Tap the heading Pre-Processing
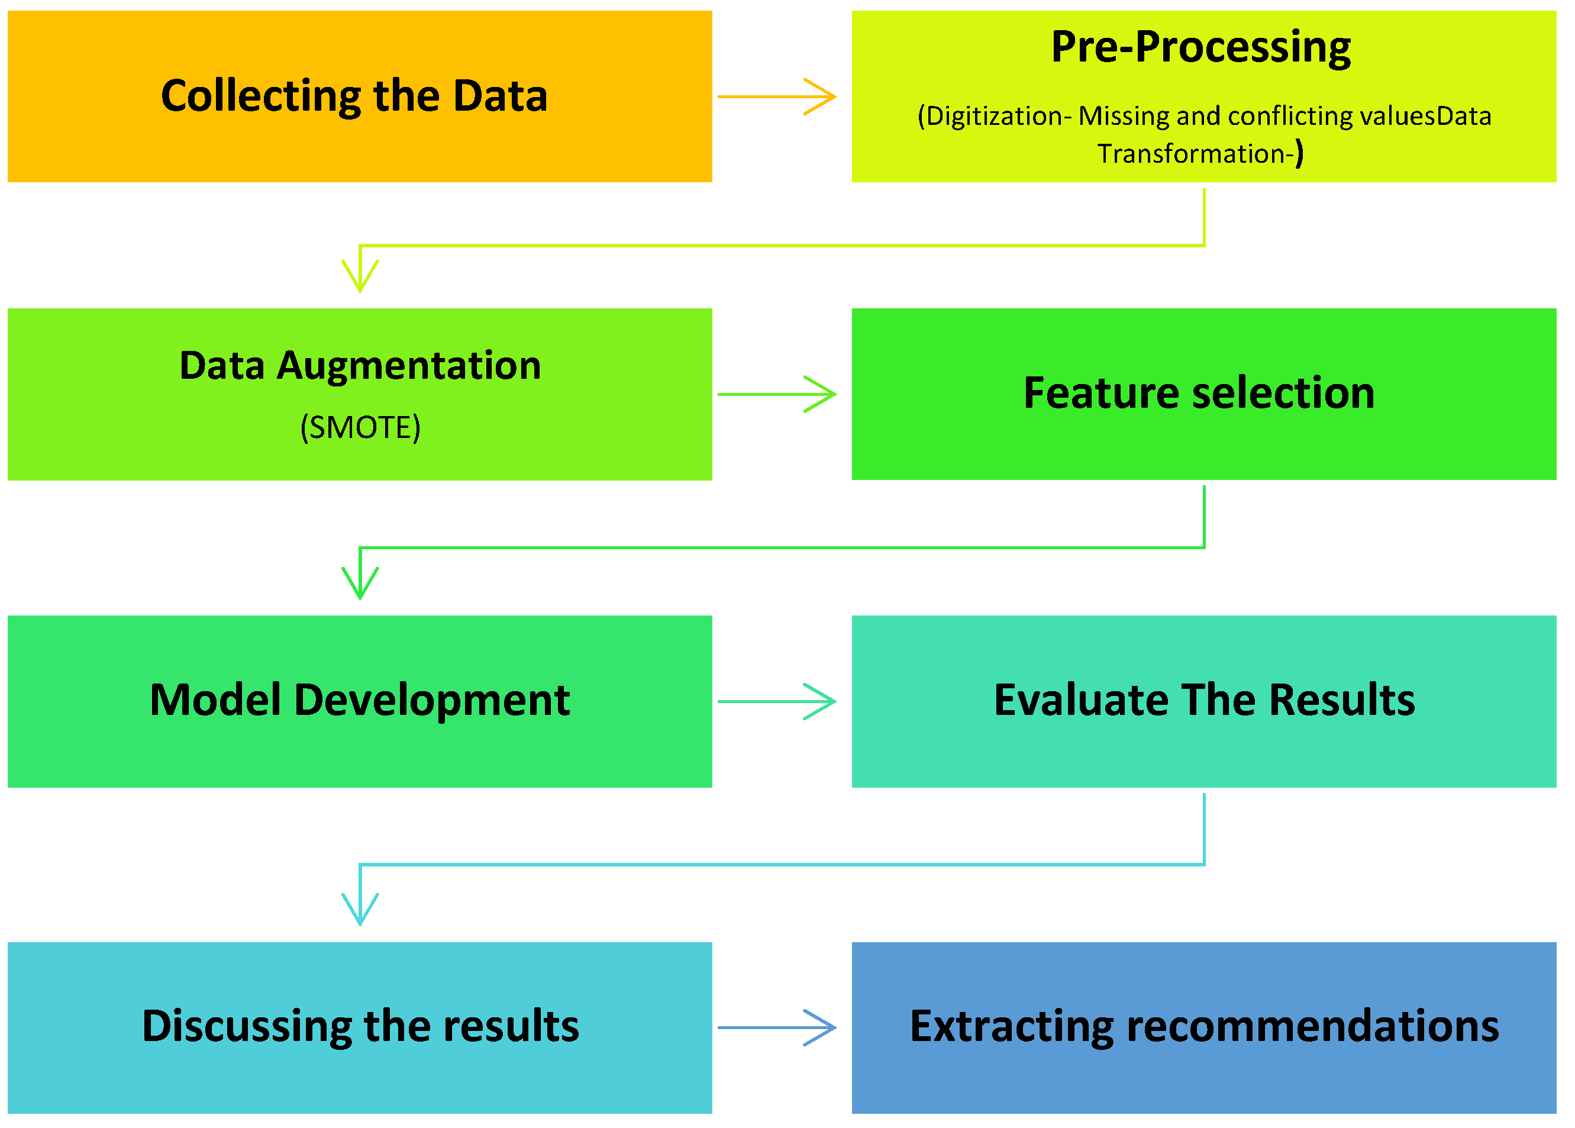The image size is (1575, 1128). [1202, 47]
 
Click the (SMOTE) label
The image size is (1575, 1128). [360, 428]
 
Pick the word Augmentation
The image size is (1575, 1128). [409, 366]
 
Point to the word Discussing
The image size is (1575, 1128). [247, 1027]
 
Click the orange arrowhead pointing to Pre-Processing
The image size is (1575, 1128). [823, 96]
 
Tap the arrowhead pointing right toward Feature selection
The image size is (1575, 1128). [823, 395]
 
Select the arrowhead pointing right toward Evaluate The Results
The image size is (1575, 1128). [823, 701]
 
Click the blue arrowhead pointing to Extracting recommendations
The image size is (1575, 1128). [823, 1028]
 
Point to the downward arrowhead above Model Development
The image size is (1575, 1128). [360, 585]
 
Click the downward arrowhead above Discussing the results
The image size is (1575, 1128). [360, 911]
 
